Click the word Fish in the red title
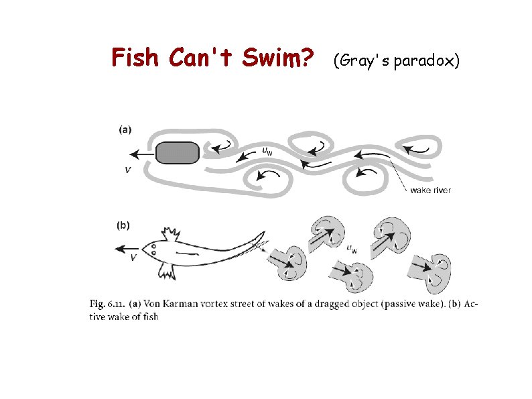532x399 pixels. [x=135, y=57]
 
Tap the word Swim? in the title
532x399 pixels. [x=277, y=57]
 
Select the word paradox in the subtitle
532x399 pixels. [x=423, y=62]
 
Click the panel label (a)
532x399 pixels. [x=125, y=129]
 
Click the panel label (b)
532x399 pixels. [x=123, y=225]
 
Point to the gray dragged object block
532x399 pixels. [x=178, y=153]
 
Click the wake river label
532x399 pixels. [x=431, y=190]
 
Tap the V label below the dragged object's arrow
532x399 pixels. [x=128, y=170]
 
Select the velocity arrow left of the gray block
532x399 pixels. [x=143, y=154]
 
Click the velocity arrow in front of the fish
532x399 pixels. [x=127, y=249]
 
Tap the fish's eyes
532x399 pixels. [x=153, y=249]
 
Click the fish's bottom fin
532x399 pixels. [x=167, y=272]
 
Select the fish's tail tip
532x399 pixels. [x=264, y=232]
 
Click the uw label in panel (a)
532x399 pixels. [x=267, y=151]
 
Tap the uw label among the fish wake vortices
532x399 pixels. [x=352, y=249]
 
